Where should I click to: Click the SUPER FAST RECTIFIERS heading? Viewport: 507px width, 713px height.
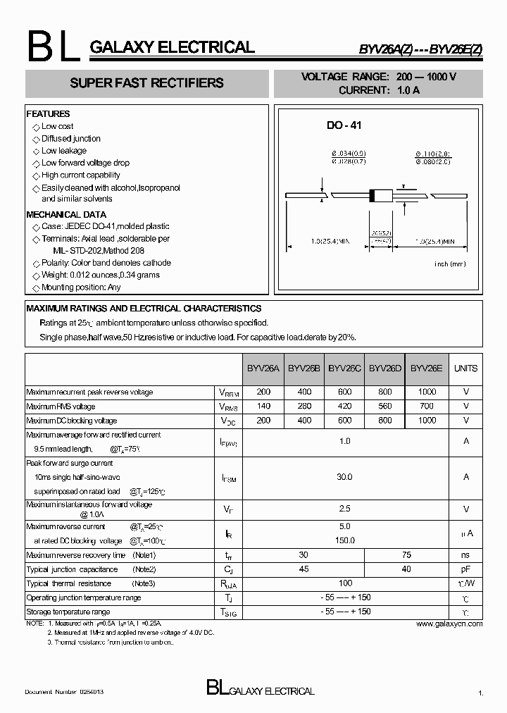[x=146, y=83]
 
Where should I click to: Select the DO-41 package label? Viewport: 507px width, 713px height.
[x=344, y=125]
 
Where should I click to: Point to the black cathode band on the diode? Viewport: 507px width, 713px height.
[x=373, y=195]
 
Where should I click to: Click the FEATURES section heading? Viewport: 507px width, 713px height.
[x=48, y=113]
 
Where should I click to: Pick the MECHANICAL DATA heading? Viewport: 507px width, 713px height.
[x=66, y=214]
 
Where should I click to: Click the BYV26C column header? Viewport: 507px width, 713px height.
[x=345, y=368]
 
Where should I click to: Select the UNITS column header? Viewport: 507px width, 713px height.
[x=465, y=368]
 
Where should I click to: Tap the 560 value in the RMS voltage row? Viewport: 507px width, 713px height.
[x=385, y=407]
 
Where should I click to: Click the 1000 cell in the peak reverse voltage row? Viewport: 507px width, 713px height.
[x=427, y=392]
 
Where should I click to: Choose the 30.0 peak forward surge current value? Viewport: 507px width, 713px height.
[x=344, y=477]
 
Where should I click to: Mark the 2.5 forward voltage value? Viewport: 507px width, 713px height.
[x=344, y=509]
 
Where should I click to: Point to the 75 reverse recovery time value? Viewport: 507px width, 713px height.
[x=406, y=555]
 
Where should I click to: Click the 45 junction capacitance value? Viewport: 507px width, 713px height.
[x=304, y=569]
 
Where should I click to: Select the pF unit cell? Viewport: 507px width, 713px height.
[x=465, y=569]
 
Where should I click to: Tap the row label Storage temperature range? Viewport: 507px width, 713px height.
[x=68, y=612]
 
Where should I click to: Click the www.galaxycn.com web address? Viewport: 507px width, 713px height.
[x=449, y=624]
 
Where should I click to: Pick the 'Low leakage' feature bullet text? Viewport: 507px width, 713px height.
[x=64, y=151]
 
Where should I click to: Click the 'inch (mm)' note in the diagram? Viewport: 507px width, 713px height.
[x=450, y=264]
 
